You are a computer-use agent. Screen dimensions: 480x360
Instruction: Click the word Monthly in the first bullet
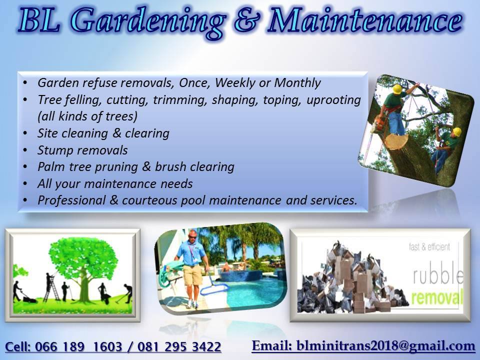[x=297, y=83]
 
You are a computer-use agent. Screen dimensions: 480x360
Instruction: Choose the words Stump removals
[x=82, y=150]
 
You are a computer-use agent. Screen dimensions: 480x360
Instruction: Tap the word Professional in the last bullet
[x=71, y=200]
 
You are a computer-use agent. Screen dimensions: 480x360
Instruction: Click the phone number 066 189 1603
[x=78, y=346]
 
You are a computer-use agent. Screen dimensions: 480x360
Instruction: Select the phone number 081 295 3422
[x=179, y=346]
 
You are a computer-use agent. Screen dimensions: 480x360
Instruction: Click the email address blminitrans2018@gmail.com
[x=385, y=345]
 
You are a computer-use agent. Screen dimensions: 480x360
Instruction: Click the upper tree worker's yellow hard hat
[x=397, y=89]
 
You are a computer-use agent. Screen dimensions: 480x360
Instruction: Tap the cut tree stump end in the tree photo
[x=396, y=141]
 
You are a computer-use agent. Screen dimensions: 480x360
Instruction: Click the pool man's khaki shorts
[x=192, y=275]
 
